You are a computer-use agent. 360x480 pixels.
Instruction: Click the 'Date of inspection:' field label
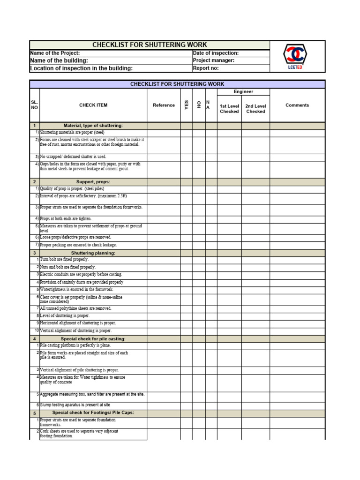(216, 53)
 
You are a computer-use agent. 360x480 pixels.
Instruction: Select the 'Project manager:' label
(214, 60)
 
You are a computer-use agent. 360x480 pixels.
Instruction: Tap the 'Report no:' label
(206, 68)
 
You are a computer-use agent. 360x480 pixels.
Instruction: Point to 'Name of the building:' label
(59, 60)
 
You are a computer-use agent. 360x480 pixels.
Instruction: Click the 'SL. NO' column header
(34, 105)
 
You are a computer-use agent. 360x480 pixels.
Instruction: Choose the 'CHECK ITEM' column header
(93, 105)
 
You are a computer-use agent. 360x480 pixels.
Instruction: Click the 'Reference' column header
(164, 105)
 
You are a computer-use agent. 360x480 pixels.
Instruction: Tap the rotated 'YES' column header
(186, 105)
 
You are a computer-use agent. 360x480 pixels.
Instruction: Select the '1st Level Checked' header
(229, 109)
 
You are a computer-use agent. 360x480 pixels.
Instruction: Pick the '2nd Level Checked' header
(255, 109)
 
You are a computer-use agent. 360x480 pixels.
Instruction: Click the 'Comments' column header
(297, 105)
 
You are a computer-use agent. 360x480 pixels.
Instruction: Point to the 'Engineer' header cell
(243, 92)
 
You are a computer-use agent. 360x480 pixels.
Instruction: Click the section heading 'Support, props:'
(93, 181)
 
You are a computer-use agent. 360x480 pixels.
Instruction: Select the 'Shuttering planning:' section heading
(93, 253)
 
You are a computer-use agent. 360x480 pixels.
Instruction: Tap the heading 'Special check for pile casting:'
(93, 339)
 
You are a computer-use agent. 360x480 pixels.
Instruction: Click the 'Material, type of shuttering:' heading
(93, 126)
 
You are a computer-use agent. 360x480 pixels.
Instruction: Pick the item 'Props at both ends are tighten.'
(66, 219)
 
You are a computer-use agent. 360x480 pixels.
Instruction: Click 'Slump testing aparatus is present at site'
(75, 405)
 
